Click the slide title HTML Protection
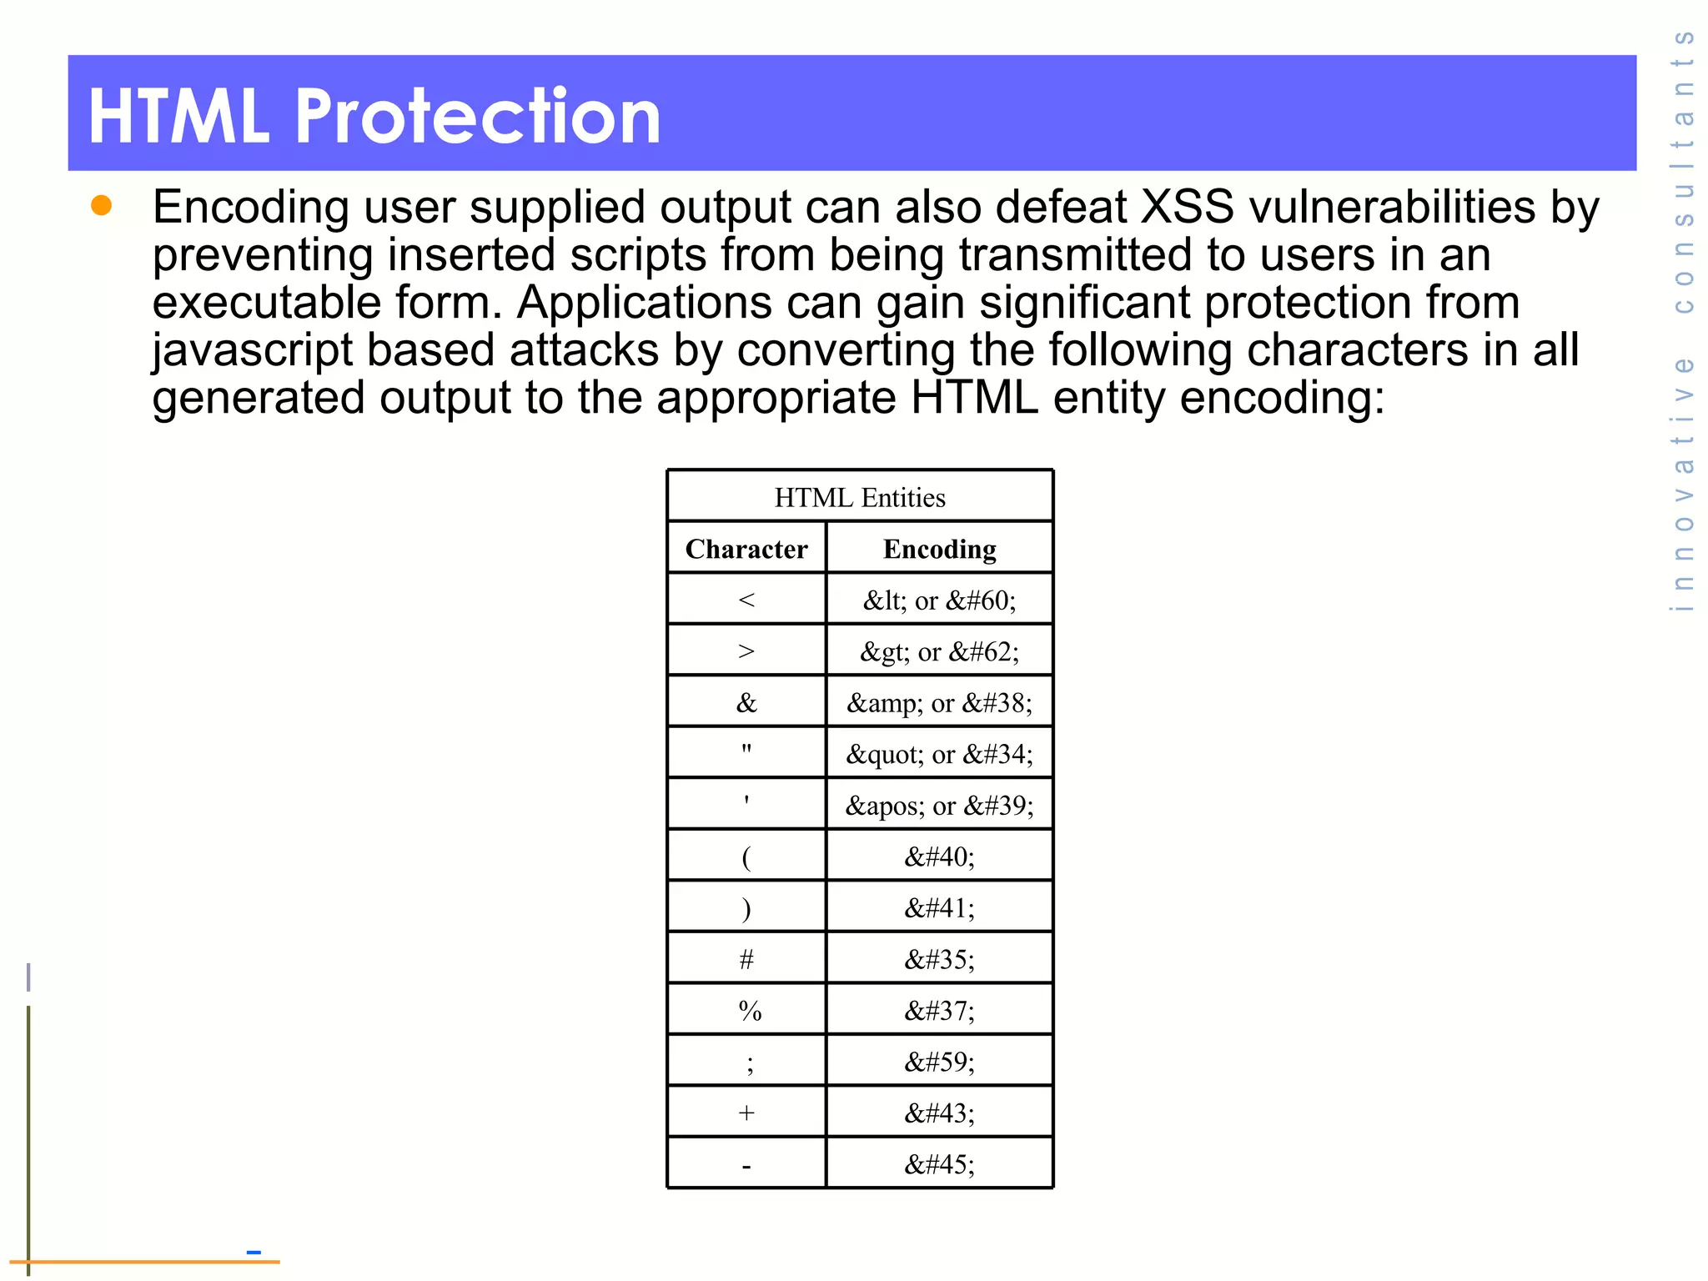pyautogui.click(x=374, y=116)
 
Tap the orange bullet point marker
pyautogui.click(x=102, y=205)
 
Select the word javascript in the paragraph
pyautogui.click(x=252, y=350)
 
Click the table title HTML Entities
pyautogui.click(x=860, y=498)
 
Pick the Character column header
pyautogui.click(x=746, y=549)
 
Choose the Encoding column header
pyautogui.click(x=940, y=549)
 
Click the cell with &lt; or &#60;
pyautogui.click(x=940, y=600)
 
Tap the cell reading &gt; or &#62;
pyautogui.click(x=940, y=651)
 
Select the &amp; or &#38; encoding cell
pyautogui.click(x=940, y=703)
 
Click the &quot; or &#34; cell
pyautogui.click(x=940, y=754)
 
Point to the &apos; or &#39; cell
pyautogui.click(x=940, y=806)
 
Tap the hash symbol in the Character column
pyautogui.click(x=746, y=960)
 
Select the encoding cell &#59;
pyautogui.click(x=940, y=1062)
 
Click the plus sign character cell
pyautogui.click(x=746, y=1113)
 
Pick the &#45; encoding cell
pyautogui.click(x=940, y=1164)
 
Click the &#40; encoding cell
pyautogui.click(x=940, y=857)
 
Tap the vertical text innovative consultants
pyautogui.click(x=1683, y=321)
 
